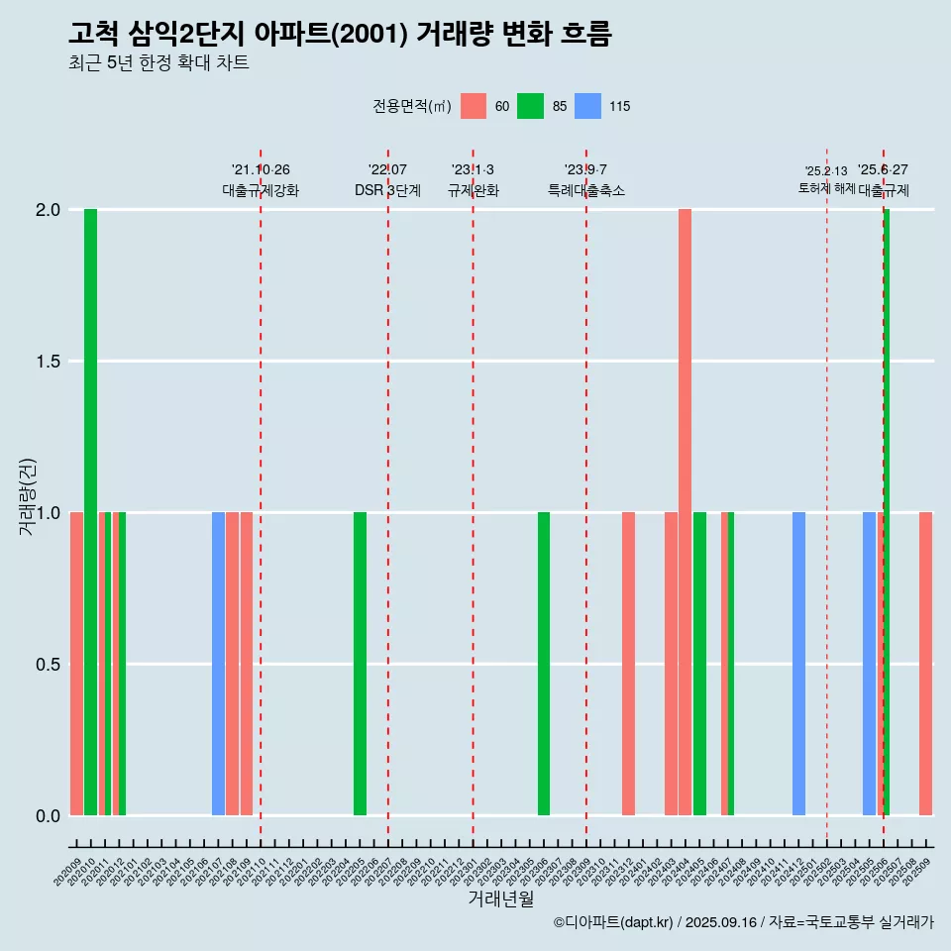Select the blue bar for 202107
pyautogui.click(x=218, y=664)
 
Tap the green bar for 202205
pyautogui.click(x=360, y=664)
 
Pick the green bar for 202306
pyautogui.click(x=544, y=664)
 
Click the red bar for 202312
pyautogui.click(x=628, y=664)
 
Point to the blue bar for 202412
pyautogui.click(x=798, y=664)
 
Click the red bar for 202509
pyautogui.click(x=925, y=664)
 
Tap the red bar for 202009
pyautogui.click(x=76, y=664)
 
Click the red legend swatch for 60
pyautogui.click(x=474, y=106)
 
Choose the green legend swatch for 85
pyautogui.click(x=531, y=106)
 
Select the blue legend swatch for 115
pyautogui.click(x=588, y=106)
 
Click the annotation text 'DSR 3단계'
pyautogui.click(x=387, y=190)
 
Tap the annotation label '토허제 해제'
pyautogui.click(x=826, y=188)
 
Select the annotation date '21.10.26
pyautogui.click(x=261, y=170)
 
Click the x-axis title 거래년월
pyautogui.click(x=500, y=899)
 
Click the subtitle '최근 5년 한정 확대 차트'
pyautogui.click(x=158, y=63)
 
